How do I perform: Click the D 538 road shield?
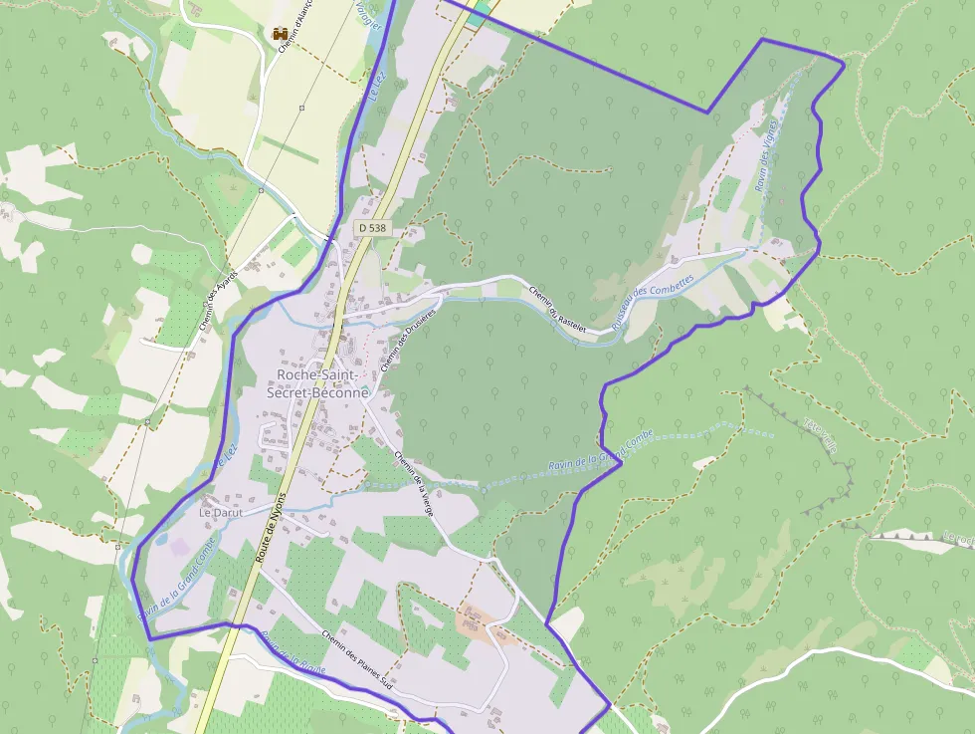tap(371, 228)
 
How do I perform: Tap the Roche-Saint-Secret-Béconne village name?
tap(317, 383)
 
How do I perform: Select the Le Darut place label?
tap(221, 512)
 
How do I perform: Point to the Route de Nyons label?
tap(270, 528)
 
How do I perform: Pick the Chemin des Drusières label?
tap(397, 342)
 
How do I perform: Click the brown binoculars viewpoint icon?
tap(281, 34)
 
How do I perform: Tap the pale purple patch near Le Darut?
tap(180, 545)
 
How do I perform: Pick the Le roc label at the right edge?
tap(958, 539)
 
